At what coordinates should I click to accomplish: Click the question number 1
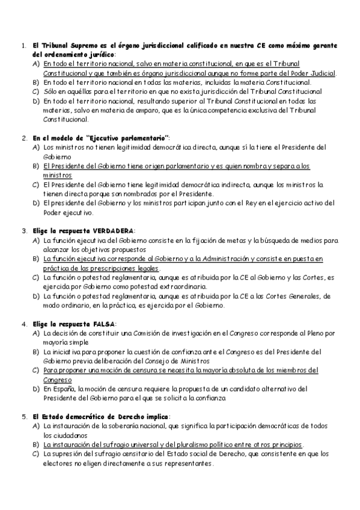22,46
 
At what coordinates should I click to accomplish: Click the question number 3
22,230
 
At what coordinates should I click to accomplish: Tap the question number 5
22,417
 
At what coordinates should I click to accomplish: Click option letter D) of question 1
35,101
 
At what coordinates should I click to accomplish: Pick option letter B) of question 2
35,165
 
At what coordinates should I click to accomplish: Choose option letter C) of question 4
35,370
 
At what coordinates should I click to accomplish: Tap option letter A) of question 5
35,426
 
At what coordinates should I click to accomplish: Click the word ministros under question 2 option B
57,175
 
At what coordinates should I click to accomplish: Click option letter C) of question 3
35,277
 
